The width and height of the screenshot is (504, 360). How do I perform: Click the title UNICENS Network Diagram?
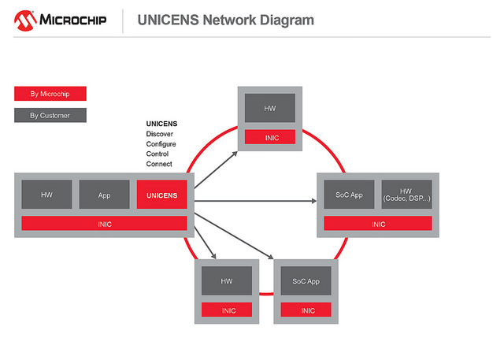coord(225,20)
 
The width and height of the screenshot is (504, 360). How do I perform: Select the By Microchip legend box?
coord(50,94)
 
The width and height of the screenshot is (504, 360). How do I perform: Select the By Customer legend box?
coord(50,116)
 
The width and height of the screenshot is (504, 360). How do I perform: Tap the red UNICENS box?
coord(161,195)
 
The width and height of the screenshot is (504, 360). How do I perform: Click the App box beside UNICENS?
coord(104,195)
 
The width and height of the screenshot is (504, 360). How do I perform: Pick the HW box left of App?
coord(46,195)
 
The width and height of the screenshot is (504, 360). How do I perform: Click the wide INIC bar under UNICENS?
coord(104,224)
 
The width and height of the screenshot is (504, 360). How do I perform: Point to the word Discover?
coord(159,134)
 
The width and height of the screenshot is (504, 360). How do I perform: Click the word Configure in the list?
coord(161,144)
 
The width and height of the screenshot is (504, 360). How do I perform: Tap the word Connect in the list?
coord(159,165)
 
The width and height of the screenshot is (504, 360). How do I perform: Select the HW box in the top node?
coord(270,108)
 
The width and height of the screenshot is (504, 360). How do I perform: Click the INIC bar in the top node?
coord(270,138)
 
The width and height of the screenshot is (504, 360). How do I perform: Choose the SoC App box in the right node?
coord(349,195)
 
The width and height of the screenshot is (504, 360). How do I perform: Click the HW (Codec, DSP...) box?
coord(406,195)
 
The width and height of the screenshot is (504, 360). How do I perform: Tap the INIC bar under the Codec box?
coord(378,224)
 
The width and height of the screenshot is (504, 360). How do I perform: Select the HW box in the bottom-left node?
coord(227,280)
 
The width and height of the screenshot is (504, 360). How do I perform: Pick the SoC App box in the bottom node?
coord(306,280)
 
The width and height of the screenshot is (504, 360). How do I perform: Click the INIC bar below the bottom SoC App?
coord(306,310)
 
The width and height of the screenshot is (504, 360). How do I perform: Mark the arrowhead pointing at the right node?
coord(313,201)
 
